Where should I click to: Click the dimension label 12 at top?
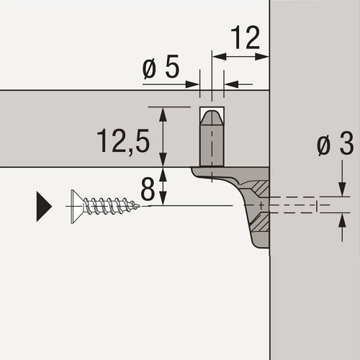pyautogui.click(x=245, y=37)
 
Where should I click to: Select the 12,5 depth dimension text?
pyautogui.click(x=123, y=141)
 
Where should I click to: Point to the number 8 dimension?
pyautogui.click(x=148, y=189)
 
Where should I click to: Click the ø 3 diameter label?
pyautogui.click(x=336, y=143)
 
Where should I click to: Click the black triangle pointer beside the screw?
pyautogui.click(x=44, y=207)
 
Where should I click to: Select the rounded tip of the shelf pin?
pyautogui.click(x=212, y=117)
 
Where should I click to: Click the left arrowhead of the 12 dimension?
pyautogui.click(x=219, y=57)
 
